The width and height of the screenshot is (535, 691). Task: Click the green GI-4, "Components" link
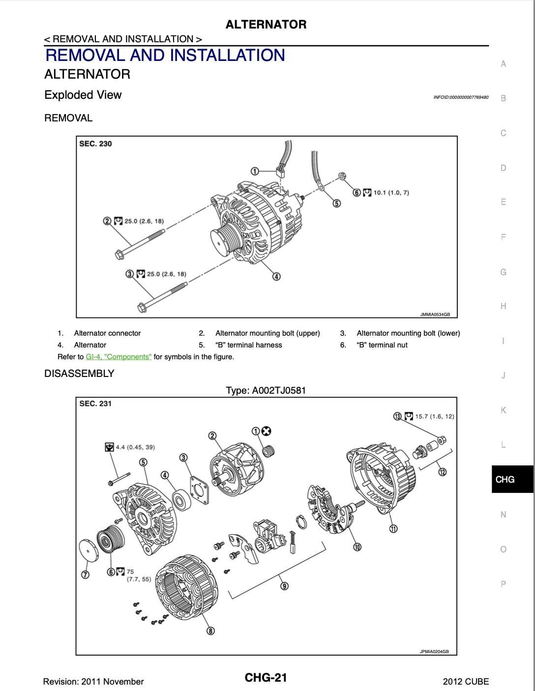click(119, 357)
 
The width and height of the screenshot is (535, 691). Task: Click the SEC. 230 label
click(95, 144)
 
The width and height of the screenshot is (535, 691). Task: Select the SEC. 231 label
click(95, 403)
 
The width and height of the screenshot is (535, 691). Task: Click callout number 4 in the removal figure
click(276, 277)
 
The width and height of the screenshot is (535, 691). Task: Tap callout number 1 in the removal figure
click(255, 171)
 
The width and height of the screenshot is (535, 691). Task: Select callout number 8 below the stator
click(210, 631)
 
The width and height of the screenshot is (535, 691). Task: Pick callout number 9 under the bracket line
click(284, 586)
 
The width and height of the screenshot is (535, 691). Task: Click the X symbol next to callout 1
click(267, 431)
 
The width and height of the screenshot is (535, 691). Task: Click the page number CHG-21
click(266, 678)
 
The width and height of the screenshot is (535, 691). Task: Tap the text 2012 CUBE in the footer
click(466, 682)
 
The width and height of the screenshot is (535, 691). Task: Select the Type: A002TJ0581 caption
click(266, 391)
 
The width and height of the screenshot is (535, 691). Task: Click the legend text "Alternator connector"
click(107, 333)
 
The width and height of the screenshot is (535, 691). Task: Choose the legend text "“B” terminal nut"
click(382, 345)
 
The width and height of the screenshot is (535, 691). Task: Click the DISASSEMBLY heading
click(79, 374)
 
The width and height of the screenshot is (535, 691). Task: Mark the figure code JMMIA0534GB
click(435, 315)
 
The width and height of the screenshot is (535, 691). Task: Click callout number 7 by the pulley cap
click(85, 575)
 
